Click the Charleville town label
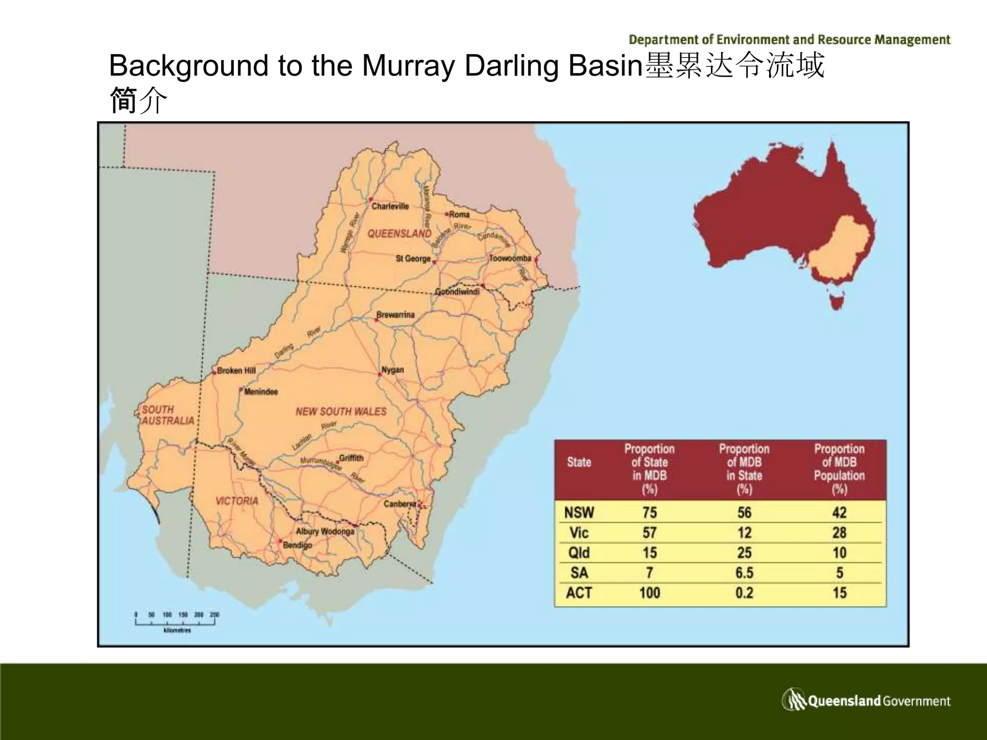click(x=390, y=206)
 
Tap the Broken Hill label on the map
click(x=236, y=370)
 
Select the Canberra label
click(x=400, y=504)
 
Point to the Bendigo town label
click(x=297, y=545)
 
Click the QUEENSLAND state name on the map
click(x=400, y=234)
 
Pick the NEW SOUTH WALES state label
click(x=341, y=411)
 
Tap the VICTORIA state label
click(x=237, y=501)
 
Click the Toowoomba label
click(x=510, y=258)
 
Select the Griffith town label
click(x=351, y=458)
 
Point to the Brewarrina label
click(x=395, y=315)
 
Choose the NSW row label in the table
click(x=579, y=512)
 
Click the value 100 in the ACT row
click(x=649, y=593)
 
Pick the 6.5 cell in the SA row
click(x=744, y=573)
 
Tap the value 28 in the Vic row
click(x=839, y=532)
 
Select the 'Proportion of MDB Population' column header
click(x=839, y=469)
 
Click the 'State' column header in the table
click(x=579, y=462)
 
